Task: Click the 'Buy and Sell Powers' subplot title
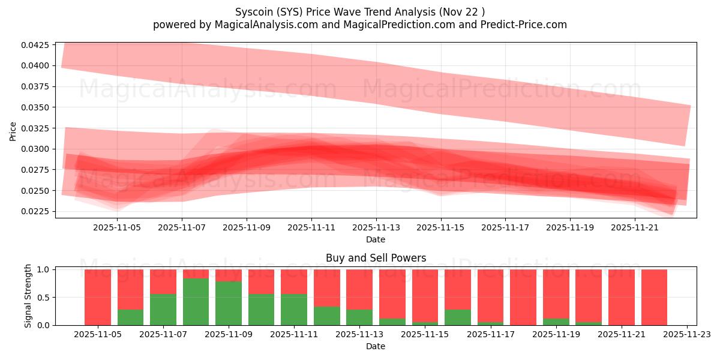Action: [376, 258]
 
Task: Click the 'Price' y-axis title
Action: [13, 131]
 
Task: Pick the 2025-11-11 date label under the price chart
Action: [311, 228]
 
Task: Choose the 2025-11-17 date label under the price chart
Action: [505, 228]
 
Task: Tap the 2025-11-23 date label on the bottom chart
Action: [686, 335]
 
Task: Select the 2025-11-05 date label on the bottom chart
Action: [98, 335]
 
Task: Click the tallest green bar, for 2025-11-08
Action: [196, 302]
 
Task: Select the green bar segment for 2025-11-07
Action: [163, 310]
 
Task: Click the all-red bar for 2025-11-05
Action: [98, 297]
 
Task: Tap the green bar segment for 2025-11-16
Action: [457, 317]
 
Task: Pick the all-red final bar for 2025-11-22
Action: [654, 297]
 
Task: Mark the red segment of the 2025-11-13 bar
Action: [359, 289]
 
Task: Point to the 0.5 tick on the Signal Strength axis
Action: [44, 298]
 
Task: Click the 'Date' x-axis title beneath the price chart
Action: [376, 239]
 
